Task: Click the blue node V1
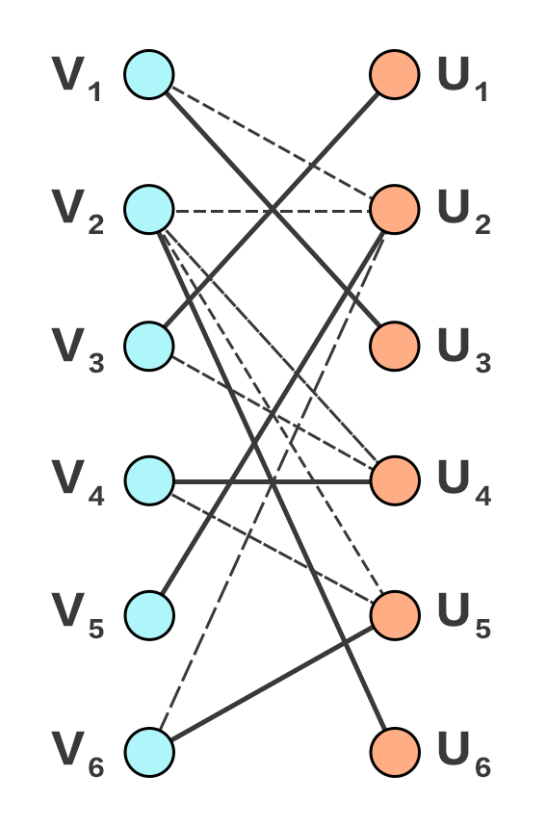tap(149, 74)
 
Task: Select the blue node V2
tap(149, 209)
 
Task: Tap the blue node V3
tap(149, 346)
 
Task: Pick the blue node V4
tap(149, 480)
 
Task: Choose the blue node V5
tap(149, 615)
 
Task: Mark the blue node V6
tap(149, 752)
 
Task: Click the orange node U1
tap(395, 74)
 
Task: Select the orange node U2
tap(395, 209)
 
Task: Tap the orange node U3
tap(395, 346)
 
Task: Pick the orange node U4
tap(395, 480)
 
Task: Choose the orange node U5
tap(395, 615)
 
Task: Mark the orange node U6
tap(395, 752)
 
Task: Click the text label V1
tap(77, 79)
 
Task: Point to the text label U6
tap(464, 755)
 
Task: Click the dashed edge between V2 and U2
tap(273, 212)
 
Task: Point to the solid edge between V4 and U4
tap(273, 481)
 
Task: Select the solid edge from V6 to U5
tap(273, 684)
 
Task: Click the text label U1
tap(462, 79)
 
